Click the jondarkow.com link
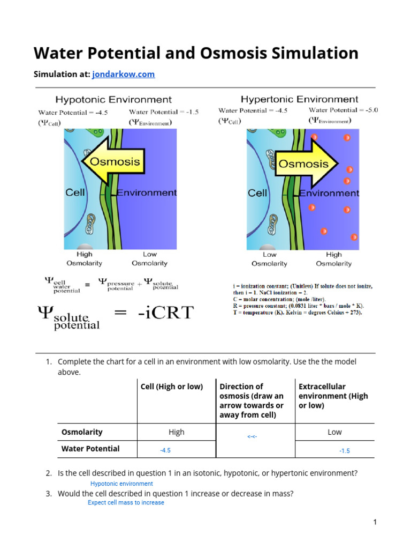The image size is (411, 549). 123,74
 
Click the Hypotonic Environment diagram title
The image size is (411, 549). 114,100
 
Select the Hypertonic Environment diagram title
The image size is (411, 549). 299,99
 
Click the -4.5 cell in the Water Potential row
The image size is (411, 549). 165,451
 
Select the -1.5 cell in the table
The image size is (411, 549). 344,451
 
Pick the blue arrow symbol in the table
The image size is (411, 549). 252,437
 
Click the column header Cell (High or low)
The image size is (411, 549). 171,387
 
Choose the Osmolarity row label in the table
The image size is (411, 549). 82,432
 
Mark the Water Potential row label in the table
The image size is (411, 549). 90,449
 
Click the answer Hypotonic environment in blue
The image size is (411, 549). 121,484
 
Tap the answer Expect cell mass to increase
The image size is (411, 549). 126,503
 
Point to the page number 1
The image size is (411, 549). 375,522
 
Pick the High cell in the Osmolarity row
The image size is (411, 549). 176,432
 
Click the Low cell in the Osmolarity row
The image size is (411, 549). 334,432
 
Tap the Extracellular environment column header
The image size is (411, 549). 333,396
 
